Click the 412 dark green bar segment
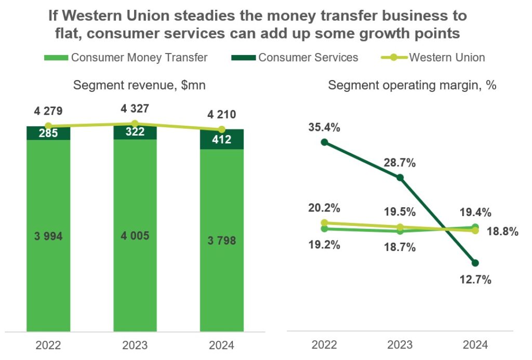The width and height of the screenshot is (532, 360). click(x=222, y=139)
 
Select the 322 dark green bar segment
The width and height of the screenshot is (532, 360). click(x=135, y=132)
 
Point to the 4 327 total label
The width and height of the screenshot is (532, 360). click(x=135, y=109)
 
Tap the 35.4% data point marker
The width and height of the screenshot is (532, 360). click(x=325, y=142)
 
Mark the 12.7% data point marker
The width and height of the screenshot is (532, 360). click(x=475, y=263)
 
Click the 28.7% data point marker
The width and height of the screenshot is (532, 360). click(x=400, y=178)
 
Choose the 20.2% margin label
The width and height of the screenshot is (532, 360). click(x=325, y=208)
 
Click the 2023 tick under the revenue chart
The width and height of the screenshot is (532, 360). click(x=135, y=345)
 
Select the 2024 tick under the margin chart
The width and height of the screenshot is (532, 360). click(x=475, y=345)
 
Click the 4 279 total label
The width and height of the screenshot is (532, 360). click(x=48, y=111)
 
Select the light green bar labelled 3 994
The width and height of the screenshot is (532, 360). click(x=48, y=236)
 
